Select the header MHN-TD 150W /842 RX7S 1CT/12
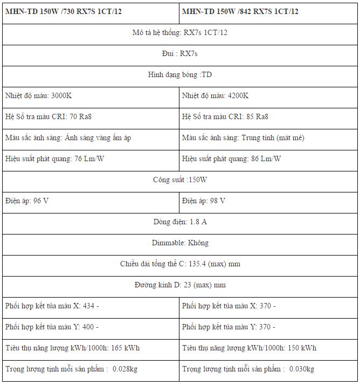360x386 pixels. click(x=240, y=11)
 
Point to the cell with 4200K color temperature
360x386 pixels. click(x=216, y=95)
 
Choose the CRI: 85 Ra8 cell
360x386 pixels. click(x=225, y=116)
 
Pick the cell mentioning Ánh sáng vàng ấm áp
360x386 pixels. click(x=68, y=137)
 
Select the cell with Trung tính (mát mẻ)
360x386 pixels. click(x=243, y=137)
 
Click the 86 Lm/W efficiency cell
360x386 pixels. click(x=231, y=158)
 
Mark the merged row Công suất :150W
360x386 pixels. click(x=179, y=180)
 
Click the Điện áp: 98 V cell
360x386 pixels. click(x=204, y=201)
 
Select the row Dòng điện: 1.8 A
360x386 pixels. click(x=179, y=222)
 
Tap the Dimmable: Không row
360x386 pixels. click(x=179, y=243)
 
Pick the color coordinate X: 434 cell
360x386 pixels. click(x=52, y=306)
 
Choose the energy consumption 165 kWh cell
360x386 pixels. click(x=72, y=348)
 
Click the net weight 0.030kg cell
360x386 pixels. click(x=248, y=369)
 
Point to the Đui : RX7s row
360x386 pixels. click(x=179, y=53)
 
